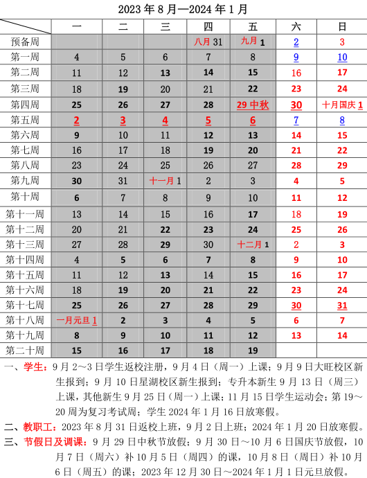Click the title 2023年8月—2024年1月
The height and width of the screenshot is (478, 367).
click(x=183, y=9)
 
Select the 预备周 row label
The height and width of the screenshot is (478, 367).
click(x=26, y=42)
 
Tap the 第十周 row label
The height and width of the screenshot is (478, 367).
click(x=26, y=197)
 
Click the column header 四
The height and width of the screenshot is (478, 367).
click(x=208, y=26)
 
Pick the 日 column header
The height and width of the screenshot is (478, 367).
click(x=341, y=26)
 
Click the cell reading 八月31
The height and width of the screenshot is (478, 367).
click(x=208, y=42)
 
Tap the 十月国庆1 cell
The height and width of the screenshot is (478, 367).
click(x=341, y=105)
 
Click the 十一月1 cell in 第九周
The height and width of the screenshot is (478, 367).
click(x=165, y=181)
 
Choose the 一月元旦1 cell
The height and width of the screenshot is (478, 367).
click(x=76, y=320)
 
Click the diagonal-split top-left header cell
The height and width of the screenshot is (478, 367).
click(x=26, y=26)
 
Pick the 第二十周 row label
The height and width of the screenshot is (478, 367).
click(x=26, y=350)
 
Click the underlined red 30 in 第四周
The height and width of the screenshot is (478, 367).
click(x=296, y=105)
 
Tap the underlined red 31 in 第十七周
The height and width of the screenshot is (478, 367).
click(x=341, y=305)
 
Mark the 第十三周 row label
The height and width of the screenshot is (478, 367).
click(x=26, y=244)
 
